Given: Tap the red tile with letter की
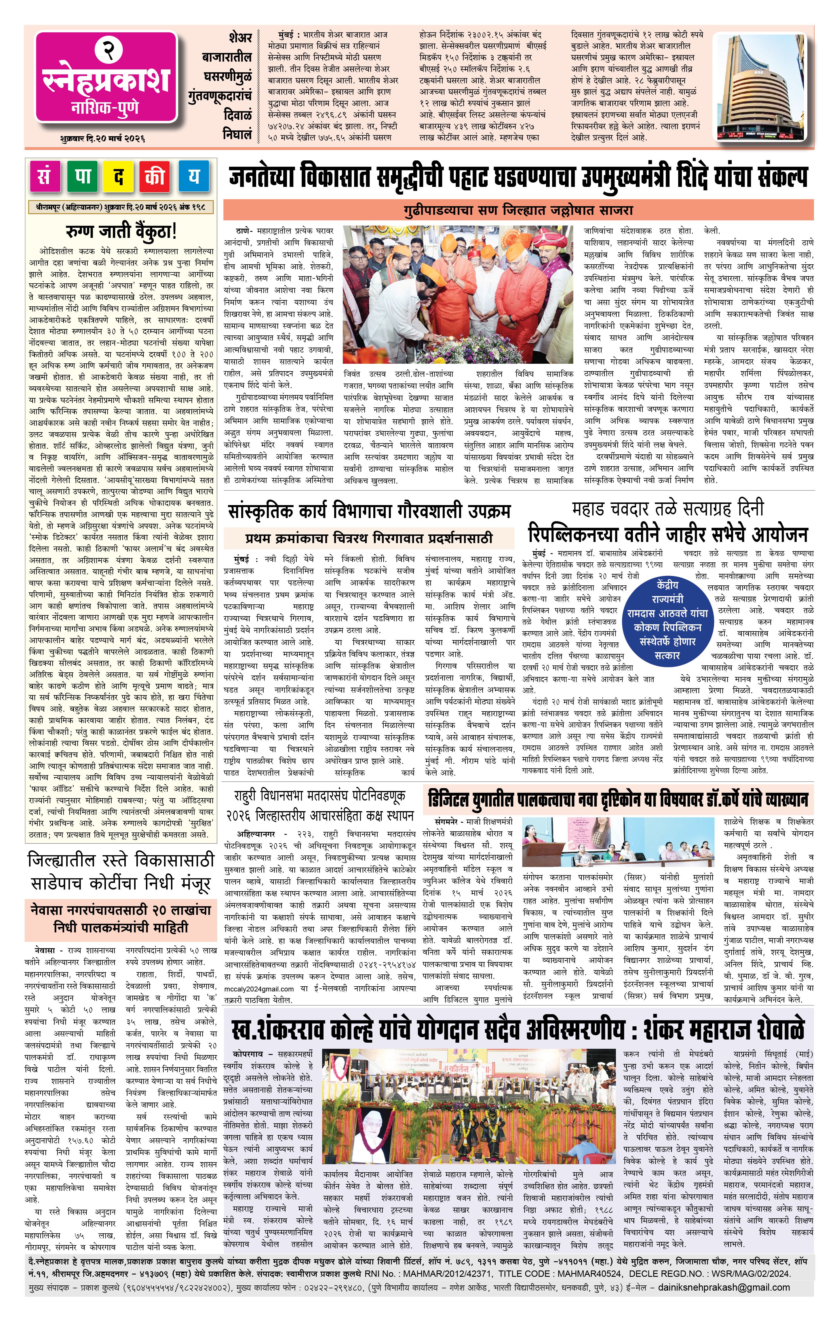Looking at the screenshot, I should pyautogui.click(x=156, y=176).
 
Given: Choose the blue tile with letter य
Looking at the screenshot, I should pyautogui.click(x=193, y=176).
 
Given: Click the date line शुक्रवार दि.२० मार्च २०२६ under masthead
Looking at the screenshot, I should pyautogui.click(x=103, y=139).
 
